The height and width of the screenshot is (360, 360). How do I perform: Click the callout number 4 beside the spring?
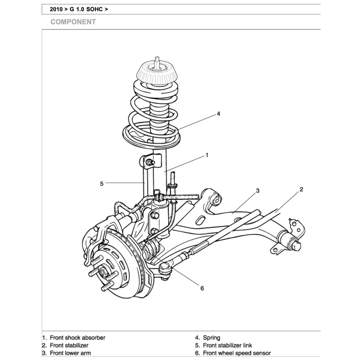[218, 114]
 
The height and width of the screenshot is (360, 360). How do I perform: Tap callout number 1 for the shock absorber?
[207, 155]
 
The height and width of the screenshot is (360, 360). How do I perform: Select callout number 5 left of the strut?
[102, 183]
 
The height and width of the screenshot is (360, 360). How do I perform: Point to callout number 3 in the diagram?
[258, 191]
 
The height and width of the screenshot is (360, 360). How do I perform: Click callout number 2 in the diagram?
[301, 189]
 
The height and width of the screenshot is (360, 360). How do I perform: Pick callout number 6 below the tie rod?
[202, 288]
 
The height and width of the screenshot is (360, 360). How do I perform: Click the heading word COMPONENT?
[73, 22]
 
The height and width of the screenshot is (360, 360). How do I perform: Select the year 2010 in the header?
[56, 9]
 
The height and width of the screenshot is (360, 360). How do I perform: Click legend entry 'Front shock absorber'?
[77, 338]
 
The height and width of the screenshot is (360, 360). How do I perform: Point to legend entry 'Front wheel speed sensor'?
[237, 353]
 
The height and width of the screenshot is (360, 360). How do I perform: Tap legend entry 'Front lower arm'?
[70, 353]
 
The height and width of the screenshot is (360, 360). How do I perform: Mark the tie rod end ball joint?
[165, 270]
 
